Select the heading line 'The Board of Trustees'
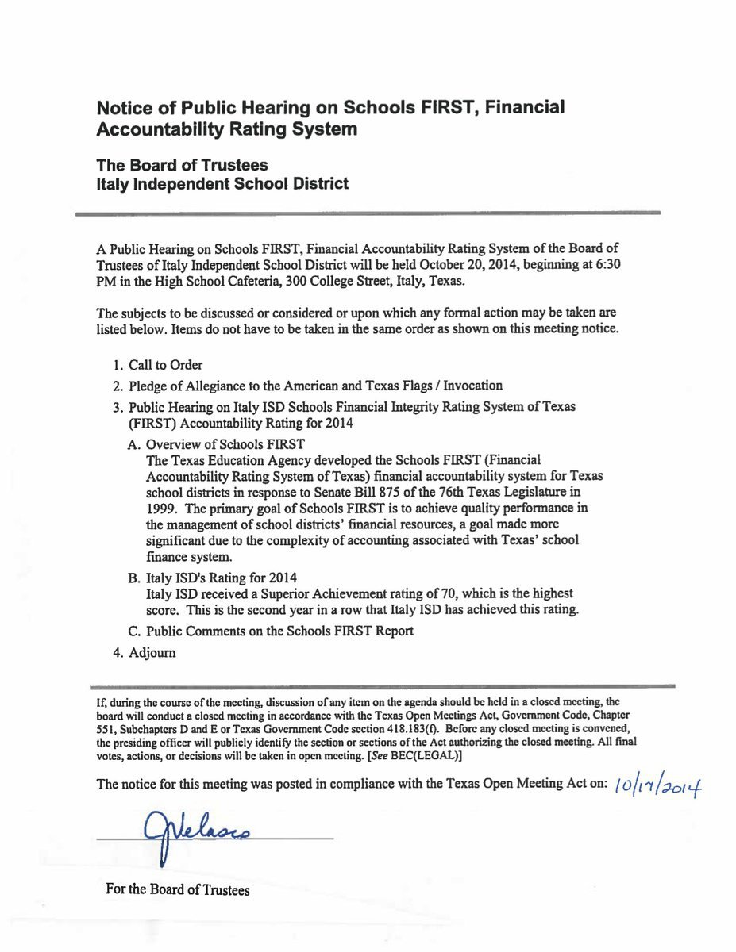[182, 165]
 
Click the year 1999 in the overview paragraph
[162, 508]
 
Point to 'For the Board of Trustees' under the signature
[177, 890]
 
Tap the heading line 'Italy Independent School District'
[222, 184]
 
